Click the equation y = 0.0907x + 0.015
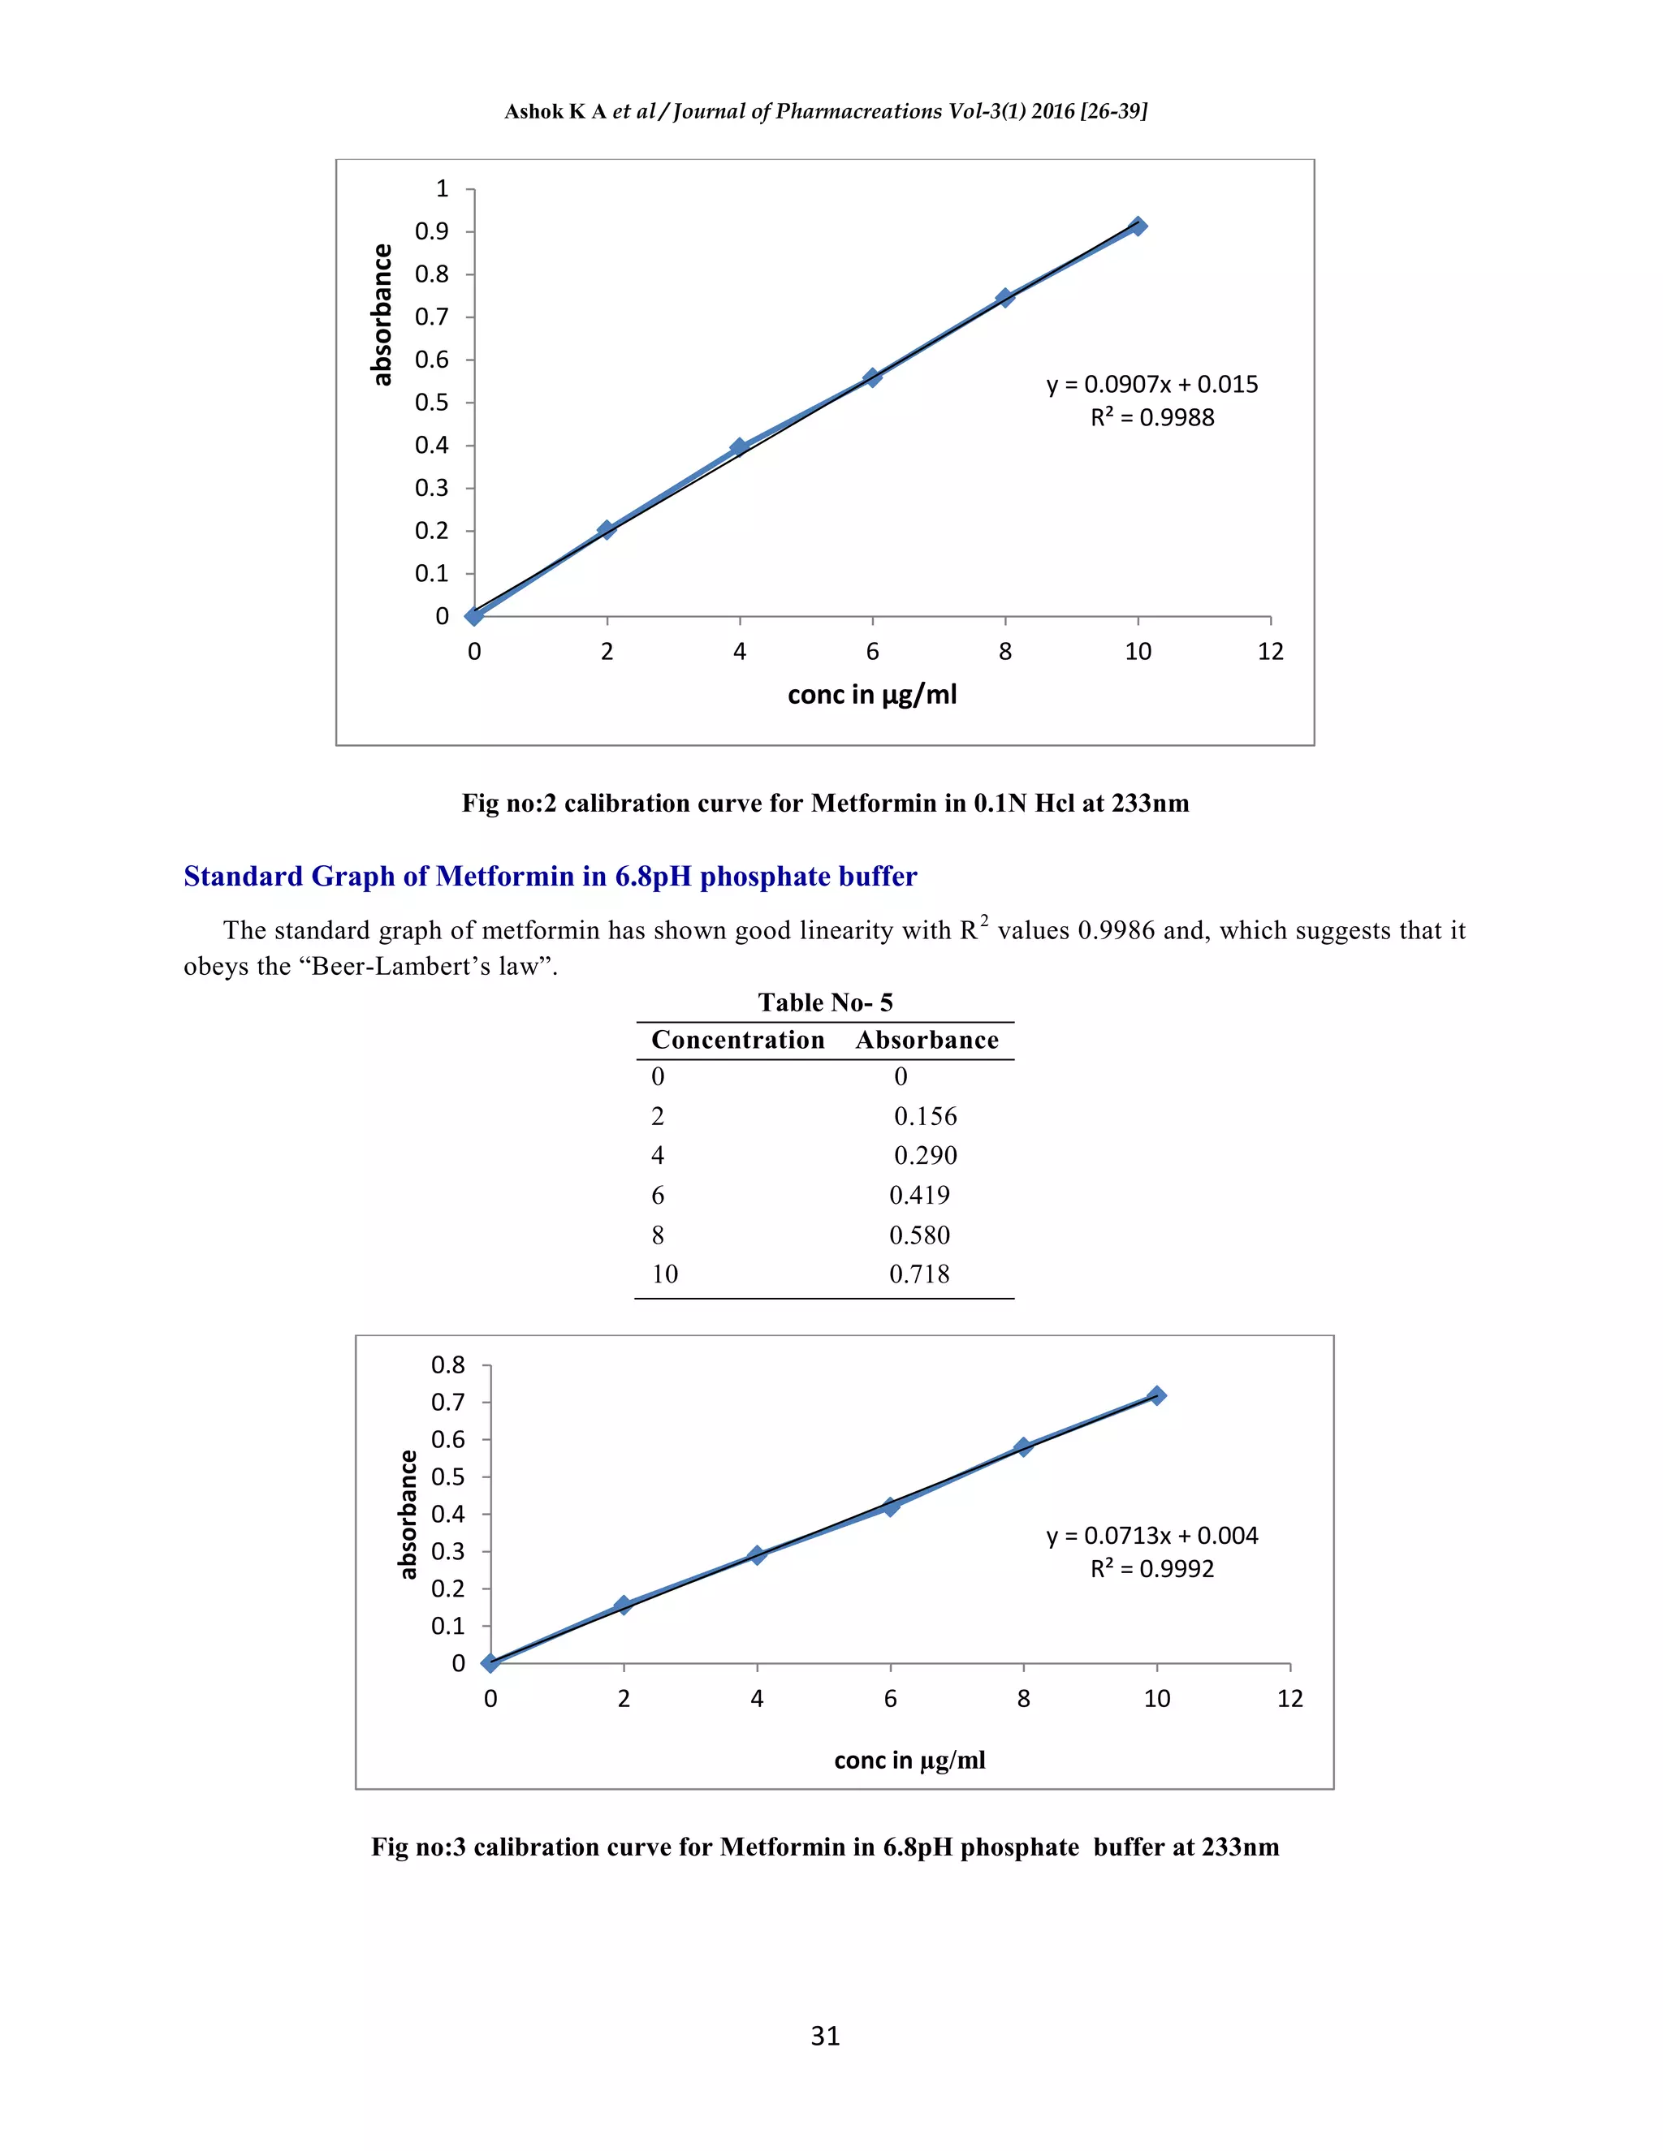1151,384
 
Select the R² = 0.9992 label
1151,1569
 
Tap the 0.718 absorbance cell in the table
919,1274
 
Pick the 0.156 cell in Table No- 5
925,1116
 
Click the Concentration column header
738,1040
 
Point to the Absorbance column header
926,1040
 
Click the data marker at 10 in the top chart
1138,226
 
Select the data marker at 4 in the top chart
740,447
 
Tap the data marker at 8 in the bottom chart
1024,1446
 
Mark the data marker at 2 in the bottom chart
624,1606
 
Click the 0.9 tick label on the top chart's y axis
431,231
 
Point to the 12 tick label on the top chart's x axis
1270,652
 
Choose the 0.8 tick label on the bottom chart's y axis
447,1365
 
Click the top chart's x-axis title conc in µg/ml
872,696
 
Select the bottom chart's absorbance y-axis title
408,1514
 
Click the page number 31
826,2036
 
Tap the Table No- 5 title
826,1002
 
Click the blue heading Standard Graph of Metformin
550,877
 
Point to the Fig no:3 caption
826,1847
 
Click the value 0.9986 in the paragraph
1117,932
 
